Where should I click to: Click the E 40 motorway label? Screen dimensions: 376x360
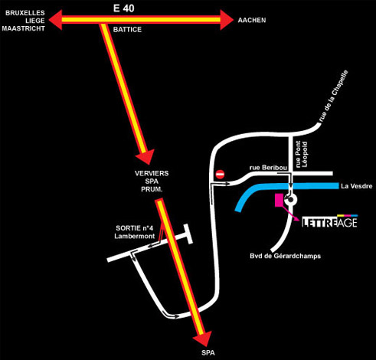(x=124, y=8)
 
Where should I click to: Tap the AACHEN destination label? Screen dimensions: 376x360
(x=252, y=20)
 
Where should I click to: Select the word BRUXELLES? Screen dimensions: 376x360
(x=25, y=13)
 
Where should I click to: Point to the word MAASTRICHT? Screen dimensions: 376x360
(x=23, y=28)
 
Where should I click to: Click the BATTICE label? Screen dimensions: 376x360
(x=127, y=29)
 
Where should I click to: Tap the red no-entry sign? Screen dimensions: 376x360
(x=220, y=175)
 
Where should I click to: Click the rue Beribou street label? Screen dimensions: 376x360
(x=268, y=168)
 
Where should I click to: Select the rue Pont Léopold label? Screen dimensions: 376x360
(x=301, y=154)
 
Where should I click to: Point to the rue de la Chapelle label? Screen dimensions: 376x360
(x=334, y=96)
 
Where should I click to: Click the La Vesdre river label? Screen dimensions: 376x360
(x=357, y=186)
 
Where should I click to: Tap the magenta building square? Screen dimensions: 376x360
(x=279, y=200)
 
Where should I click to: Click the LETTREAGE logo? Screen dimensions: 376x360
(x=329, y=221)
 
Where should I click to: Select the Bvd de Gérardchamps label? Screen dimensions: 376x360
(x=285, y=256)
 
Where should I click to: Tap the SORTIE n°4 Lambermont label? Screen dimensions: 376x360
(x=135, y=232)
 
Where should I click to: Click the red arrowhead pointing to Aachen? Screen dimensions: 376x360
(x=227, y=20)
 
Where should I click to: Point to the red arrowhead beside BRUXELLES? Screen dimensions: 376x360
(x=55, y=20)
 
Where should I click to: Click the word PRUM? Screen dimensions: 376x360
(x=152, y=190)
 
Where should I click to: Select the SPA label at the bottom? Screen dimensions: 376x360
(x=208, y=353)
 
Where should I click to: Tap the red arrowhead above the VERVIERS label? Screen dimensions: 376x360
(x=145, y=157)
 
